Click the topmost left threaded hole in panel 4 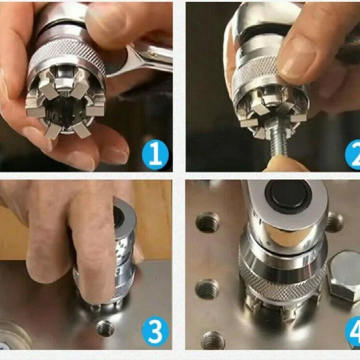pyautogui.click(x=208, y=222)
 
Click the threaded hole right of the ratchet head pyautogui.click(x=334, y=221)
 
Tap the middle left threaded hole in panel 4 pyautogui.click(x=207, y=288)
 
